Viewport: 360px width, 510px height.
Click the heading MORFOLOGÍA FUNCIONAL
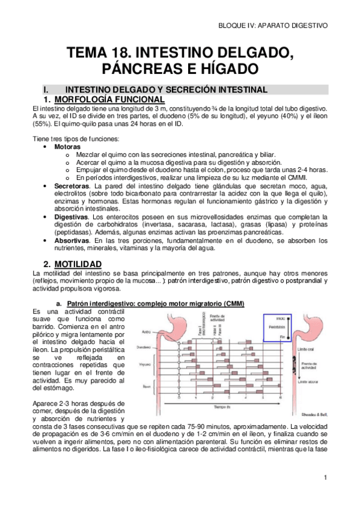[109, 99]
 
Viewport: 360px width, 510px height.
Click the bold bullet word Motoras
[67, 147]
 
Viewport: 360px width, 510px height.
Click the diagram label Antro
[146, 331]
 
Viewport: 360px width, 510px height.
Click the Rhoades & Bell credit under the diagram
[313, 414]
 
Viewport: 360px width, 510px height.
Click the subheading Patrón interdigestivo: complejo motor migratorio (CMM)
[156, 303]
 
